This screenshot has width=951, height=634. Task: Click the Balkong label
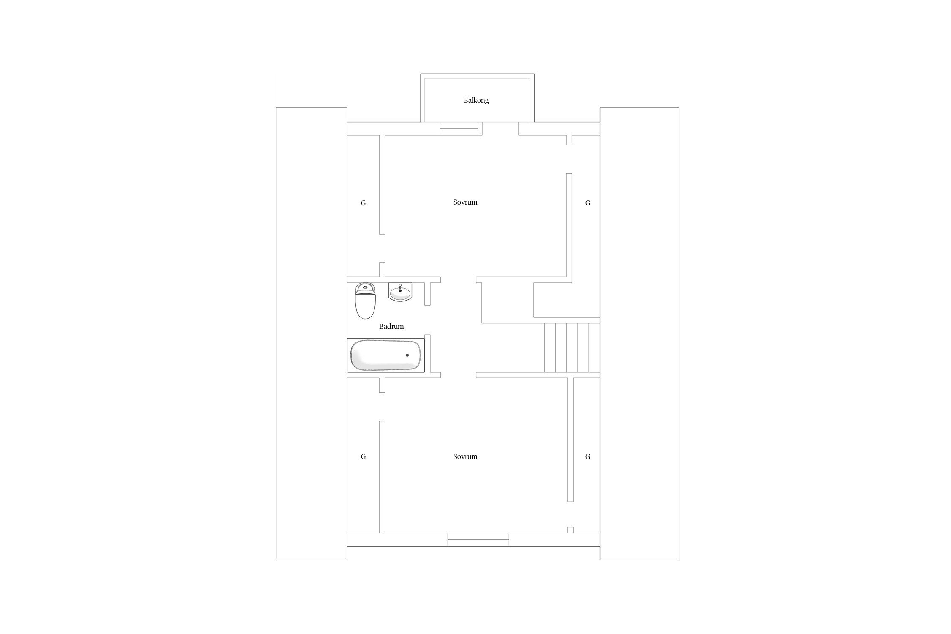(476, 101)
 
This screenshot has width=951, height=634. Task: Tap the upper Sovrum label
(465, 202)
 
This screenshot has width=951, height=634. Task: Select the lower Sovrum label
(465, 456)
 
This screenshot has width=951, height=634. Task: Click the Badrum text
(391, 326)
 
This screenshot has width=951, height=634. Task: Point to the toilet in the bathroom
(366, 301)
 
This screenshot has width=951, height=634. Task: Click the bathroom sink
(400, 292)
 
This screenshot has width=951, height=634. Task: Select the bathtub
(386, 355)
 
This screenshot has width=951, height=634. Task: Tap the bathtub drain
(407, 355)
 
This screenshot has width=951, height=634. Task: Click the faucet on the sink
(400, 288)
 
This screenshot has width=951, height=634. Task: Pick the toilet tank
(366, 288)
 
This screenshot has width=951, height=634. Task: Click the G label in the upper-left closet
(363, 203)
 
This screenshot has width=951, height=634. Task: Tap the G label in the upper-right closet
(588, 203)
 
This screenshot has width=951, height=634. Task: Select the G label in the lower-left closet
(363, 457)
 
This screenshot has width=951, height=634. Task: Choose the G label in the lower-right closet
(588, 457)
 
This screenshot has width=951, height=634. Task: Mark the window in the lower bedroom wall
(478, 539)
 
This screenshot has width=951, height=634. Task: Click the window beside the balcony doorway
(459, 128)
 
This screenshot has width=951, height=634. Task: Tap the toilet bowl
(366, 306)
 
